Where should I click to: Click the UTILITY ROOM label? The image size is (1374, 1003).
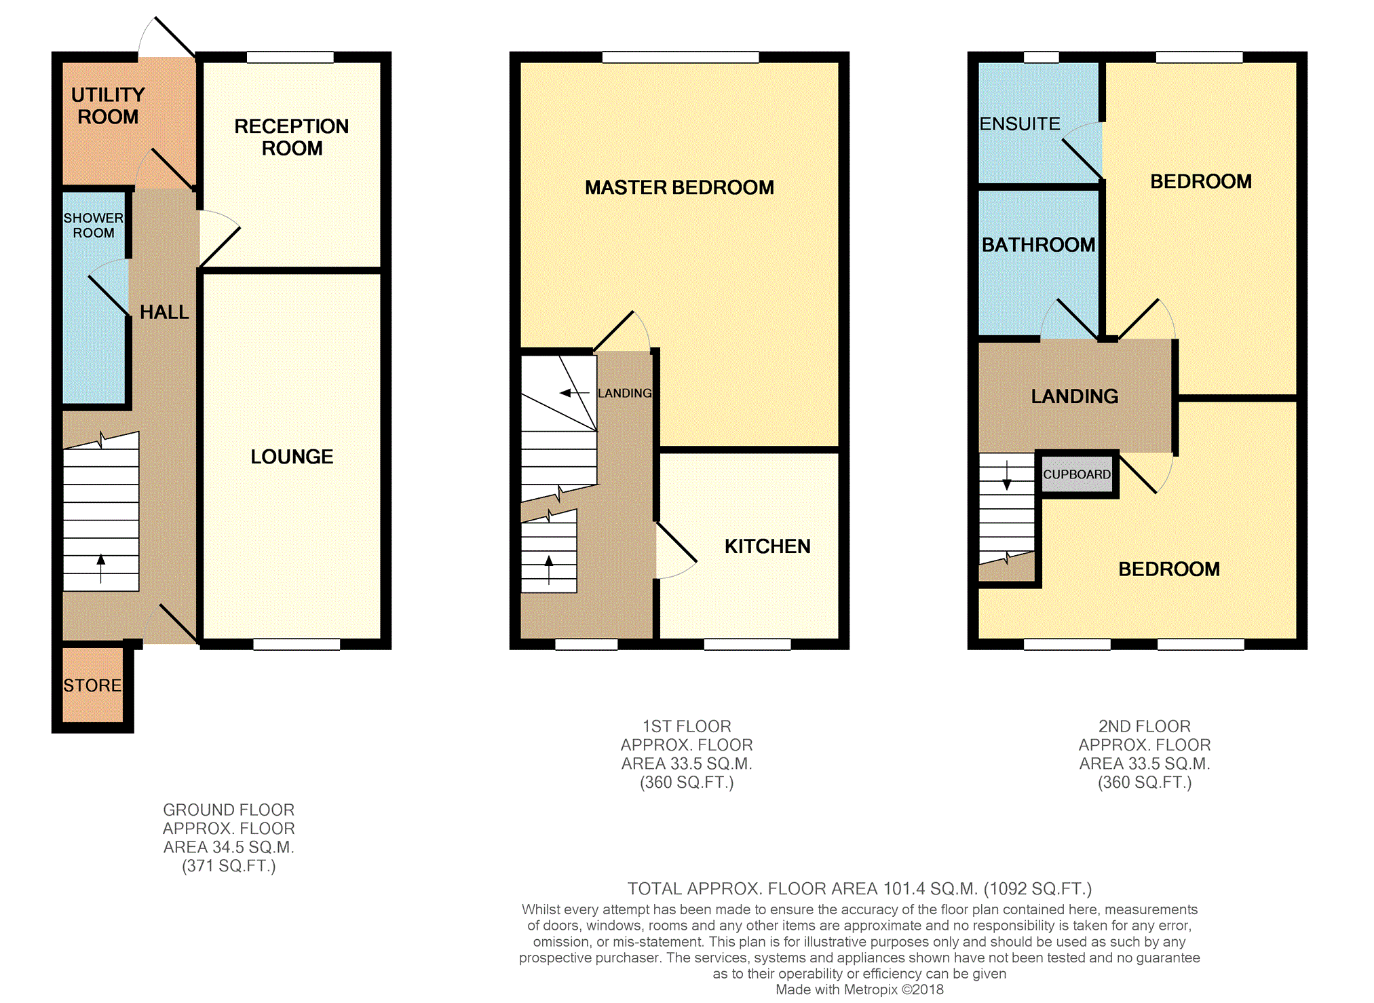coord(108,106)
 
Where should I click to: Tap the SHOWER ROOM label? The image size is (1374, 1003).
coord(94,225)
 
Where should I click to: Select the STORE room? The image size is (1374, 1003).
coord(93,685)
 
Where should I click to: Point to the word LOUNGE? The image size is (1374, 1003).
coord(292,457)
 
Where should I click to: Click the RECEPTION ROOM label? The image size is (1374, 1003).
coord(292,137)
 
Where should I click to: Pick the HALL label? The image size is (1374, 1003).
coord(164,312)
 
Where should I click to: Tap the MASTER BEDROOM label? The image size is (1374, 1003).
coord(679,187)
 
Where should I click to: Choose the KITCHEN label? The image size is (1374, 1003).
coord(767,546)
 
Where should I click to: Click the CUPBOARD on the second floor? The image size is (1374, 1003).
coord(1077,474)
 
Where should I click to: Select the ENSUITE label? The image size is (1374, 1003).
coord(1020,124)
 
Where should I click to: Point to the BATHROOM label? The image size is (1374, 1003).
coord(1038,245)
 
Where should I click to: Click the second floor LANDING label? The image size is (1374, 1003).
coord(1075,396)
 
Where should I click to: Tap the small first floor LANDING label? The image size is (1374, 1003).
coord(624,394)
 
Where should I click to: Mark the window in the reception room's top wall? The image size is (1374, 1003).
coord(290,58)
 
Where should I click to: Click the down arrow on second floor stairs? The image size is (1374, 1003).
coord(1007,475)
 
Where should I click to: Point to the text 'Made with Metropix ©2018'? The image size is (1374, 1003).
coord(860,989)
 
